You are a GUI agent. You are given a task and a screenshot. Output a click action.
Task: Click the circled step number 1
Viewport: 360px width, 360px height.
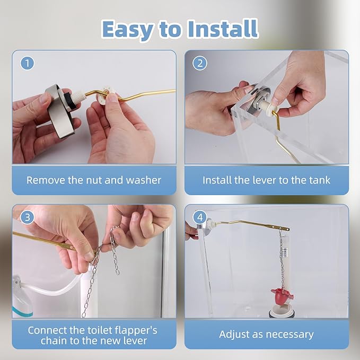pos(28,63)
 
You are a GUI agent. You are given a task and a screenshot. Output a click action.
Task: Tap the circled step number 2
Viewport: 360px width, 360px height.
pos(200,63)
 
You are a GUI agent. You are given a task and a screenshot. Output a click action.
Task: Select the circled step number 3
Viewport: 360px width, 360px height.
pos(28,217)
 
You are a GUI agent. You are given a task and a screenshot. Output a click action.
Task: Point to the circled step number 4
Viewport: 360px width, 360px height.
pos(200,217)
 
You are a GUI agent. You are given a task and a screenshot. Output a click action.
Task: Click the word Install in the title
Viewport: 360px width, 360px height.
pos(223,29)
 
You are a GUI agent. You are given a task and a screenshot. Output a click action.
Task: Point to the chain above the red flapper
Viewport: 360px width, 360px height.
pos(282,259)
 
